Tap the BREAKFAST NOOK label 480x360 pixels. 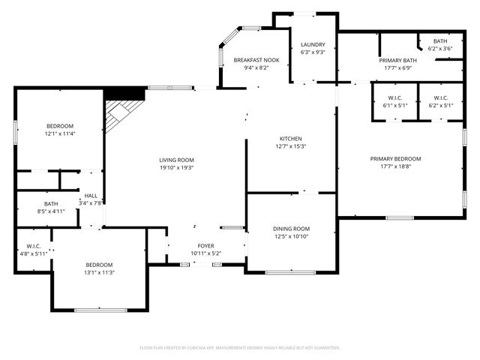point(256,60)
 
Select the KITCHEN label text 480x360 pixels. point(290,139)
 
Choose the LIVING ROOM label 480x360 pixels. point(176,160)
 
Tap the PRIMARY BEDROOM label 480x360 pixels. point(395,159)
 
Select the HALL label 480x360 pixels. point(91,196)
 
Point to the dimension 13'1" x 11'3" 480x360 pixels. point(99,273)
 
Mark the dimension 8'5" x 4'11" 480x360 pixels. point(50,211)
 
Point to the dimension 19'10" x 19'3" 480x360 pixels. point(176,168)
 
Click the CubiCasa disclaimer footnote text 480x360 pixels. point(240,347)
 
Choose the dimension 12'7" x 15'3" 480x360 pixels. point(290,147)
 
